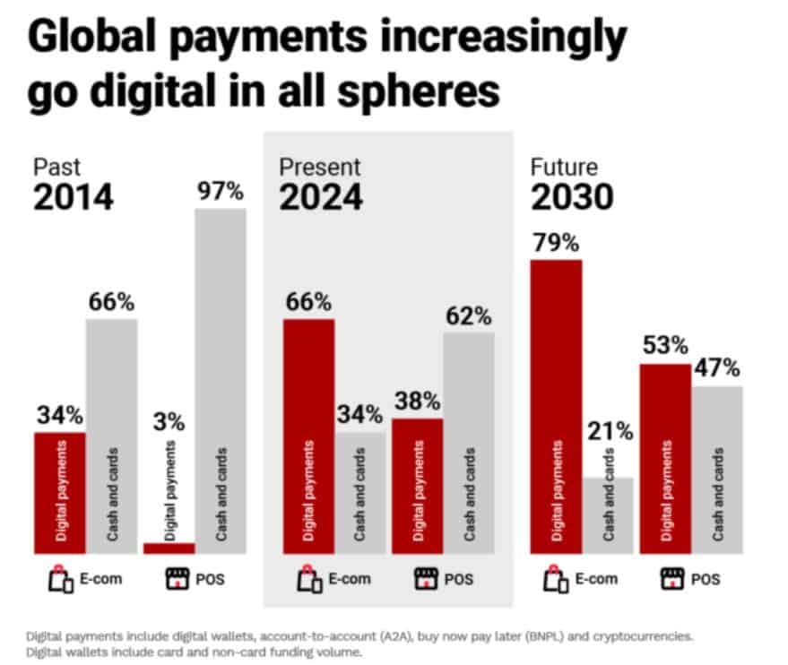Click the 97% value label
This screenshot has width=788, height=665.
click(220, 192)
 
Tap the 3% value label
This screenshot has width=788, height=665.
click(169, 421)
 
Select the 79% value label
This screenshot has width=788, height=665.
click(556, 244)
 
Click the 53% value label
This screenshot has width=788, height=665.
click(663, 346)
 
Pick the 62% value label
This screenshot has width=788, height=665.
click(467, 316)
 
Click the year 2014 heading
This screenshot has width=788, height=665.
click(74, 199)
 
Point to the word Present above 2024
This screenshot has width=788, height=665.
click(319, 168)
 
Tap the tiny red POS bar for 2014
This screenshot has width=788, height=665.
click(169, 548)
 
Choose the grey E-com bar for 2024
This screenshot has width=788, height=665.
click(359, 493)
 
